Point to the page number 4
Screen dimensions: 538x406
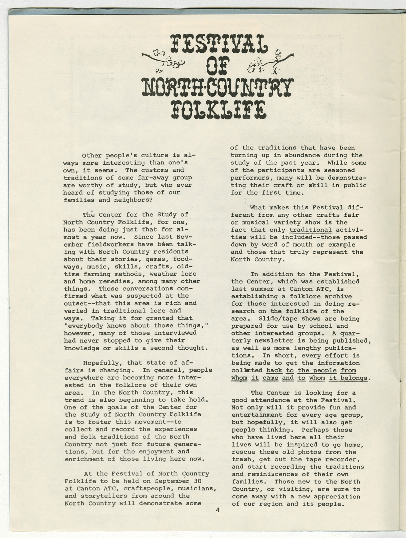(x=218, y=510)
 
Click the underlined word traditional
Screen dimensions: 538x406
(x=311, y=230)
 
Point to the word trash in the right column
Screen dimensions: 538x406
(x=242, y=460)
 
